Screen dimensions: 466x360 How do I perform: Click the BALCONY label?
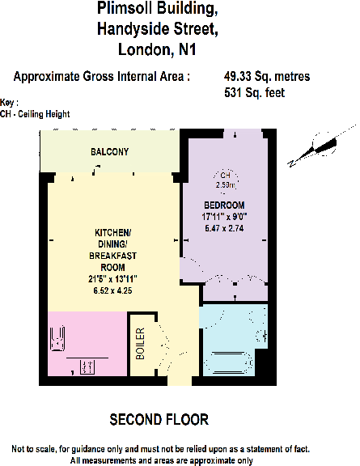(x=109, y=152)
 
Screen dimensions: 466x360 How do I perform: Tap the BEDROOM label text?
(x=224, y=205)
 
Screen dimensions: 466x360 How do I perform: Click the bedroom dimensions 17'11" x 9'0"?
(x=224, y=216)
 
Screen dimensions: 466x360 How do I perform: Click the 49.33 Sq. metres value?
(x=267, y=77)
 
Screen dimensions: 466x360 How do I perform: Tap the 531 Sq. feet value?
(x=254, y=93)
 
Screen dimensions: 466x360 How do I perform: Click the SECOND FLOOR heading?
(x=159, y=419)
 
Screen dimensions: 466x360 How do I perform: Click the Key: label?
(x=9, y=103)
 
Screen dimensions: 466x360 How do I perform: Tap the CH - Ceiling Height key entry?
(x=36, y=114)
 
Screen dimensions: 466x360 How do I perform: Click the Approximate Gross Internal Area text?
(x=103, y=77)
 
